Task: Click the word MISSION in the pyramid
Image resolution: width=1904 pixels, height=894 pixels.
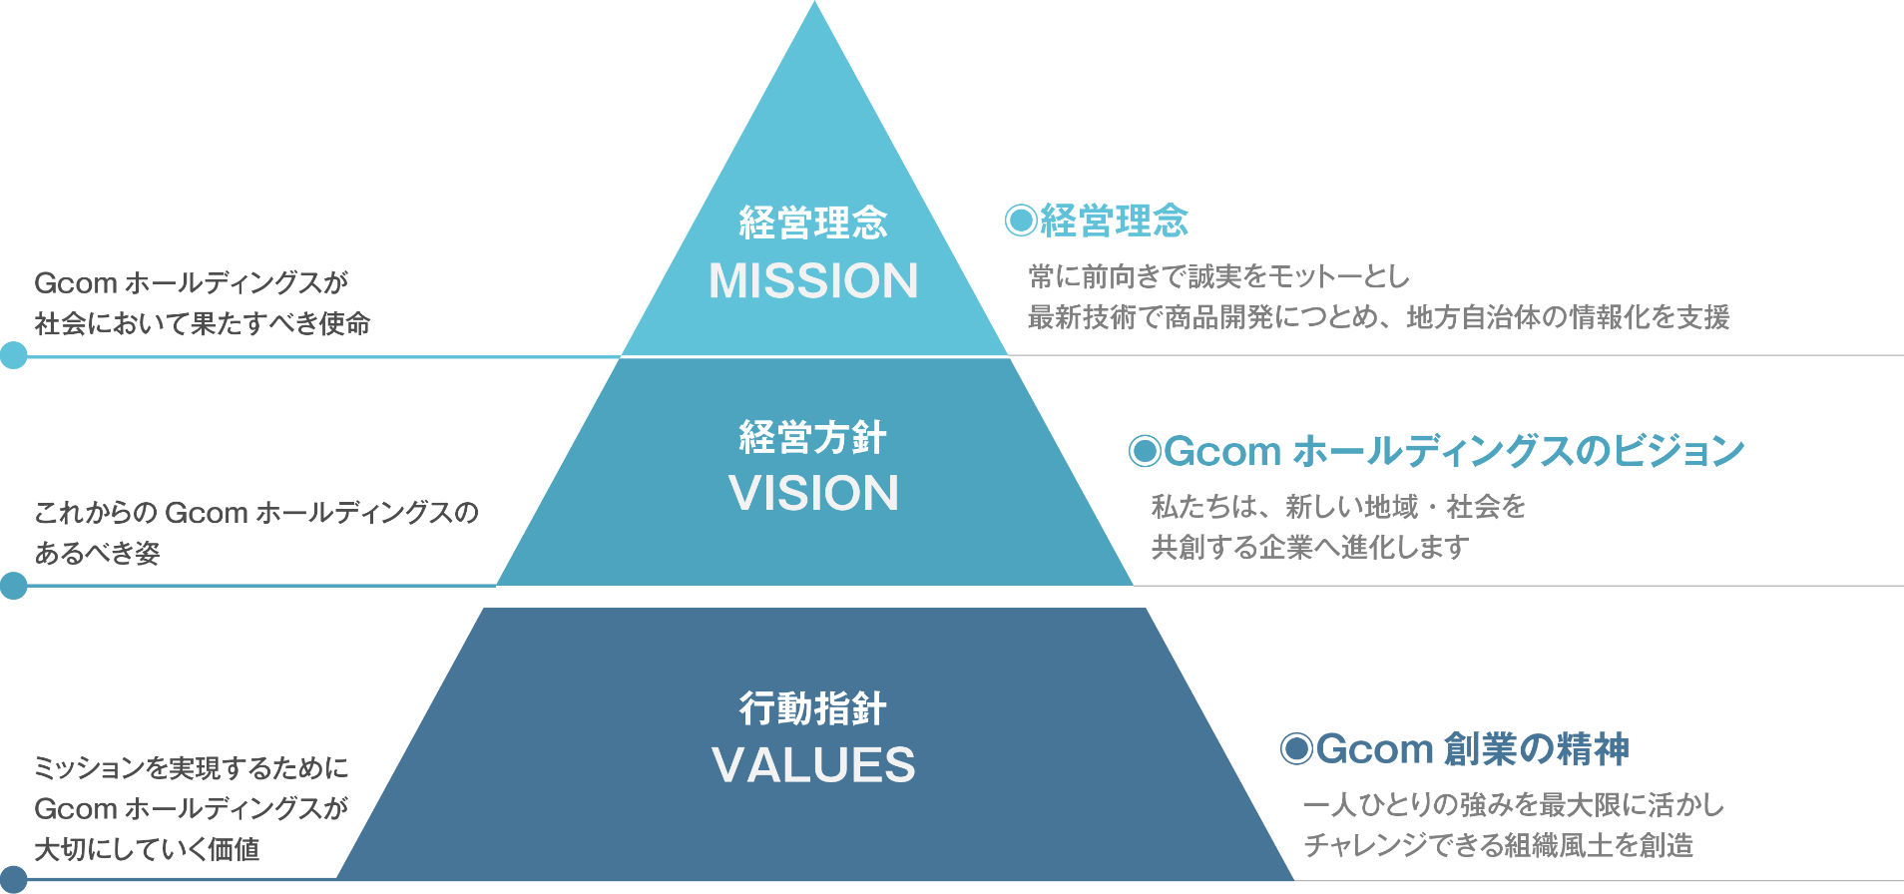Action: coord(813,281)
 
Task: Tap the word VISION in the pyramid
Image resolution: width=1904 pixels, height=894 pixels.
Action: coord(813,493)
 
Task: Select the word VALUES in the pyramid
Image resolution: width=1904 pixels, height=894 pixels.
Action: coord(813,765)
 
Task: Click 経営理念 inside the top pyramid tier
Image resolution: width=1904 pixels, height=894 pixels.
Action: coord(813,223)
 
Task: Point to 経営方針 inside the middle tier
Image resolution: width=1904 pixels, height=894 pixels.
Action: coord(813,438)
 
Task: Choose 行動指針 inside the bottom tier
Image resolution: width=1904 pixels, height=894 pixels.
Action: coord(813,709)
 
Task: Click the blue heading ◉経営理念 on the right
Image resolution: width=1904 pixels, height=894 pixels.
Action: coord(1097,221)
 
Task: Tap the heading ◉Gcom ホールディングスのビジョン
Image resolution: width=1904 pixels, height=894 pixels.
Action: coord(1436,451)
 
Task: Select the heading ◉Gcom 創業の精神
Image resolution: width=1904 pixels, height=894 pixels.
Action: coord(1455,749)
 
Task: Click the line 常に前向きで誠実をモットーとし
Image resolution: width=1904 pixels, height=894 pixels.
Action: coord(1219,276)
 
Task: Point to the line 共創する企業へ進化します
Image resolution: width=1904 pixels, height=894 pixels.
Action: coord(1310,547)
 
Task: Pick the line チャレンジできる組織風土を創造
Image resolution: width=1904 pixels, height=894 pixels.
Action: coord(1498,845)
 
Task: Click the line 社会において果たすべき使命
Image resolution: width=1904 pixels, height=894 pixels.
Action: coord(203,323)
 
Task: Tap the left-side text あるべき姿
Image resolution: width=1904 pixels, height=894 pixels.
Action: coord(98,553)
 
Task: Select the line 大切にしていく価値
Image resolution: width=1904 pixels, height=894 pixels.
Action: coord(148,849)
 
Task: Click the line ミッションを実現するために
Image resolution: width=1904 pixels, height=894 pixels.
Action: coord(192,767)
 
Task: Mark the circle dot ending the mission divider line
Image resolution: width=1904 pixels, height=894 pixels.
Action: coord(14,355)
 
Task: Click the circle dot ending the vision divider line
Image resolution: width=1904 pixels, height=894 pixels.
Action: coord(14,586)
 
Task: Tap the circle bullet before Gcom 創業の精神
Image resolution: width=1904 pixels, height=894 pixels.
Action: coord(1296,749)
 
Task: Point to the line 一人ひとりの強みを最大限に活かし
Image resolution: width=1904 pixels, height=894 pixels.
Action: coord(1513,804)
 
